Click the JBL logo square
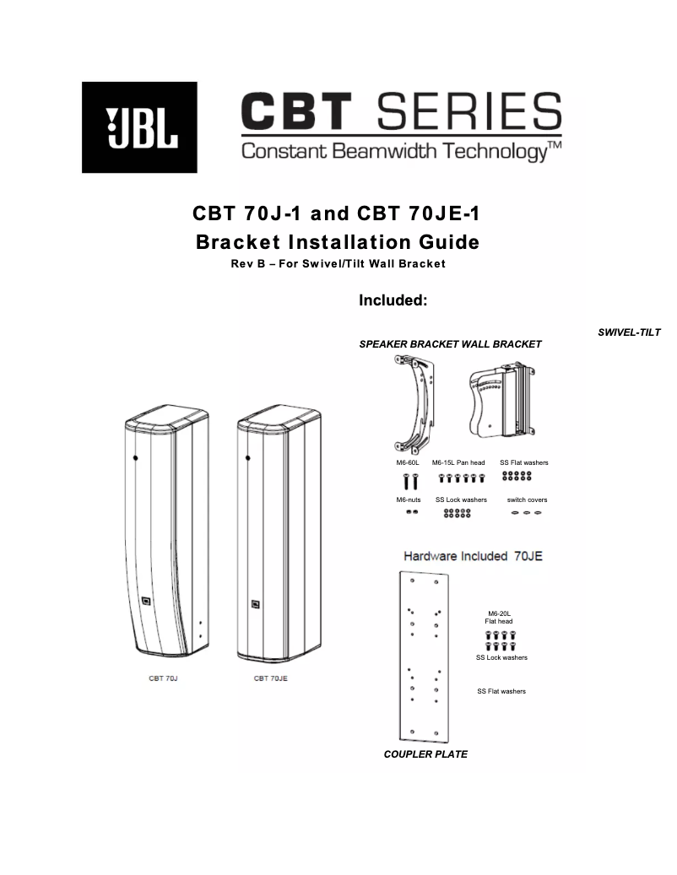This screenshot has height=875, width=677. point(139,127)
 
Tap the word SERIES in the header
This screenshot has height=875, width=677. point(468,111)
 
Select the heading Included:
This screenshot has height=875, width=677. point(393,300)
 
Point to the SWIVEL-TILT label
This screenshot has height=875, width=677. point(629,332)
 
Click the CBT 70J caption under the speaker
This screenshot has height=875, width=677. point(163,678)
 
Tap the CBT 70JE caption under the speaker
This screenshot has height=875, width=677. point(271,678)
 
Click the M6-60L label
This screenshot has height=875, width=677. point(408,462)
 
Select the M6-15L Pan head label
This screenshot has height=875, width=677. point(458,462)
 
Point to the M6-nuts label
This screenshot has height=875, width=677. point(409,500)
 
